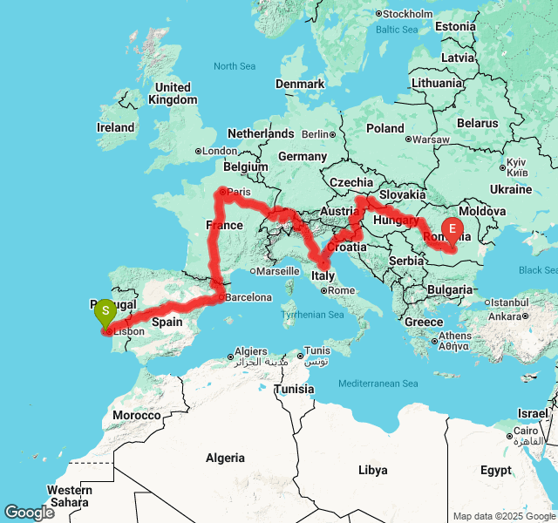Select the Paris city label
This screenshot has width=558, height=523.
(237, 192)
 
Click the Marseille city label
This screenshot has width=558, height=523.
(276, 271)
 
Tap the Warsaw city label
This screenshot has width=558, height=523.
(431, 139)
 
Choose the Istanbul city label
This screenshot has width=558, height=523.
(486, 302)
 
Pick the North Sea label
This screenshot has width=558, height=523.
(235, 66)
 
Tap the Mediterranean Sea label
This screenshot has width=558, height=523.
(378, 384)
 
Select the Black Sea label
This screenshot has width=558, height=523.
(537, 270)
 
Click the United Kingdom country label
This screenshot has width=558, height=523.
(173, 93)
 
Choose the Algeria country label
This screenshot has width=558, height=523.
(224, 458)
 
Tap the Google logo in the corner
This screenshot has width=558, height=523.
(29, 513)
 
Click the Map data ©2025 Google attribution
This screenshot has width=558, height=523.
(504, 516)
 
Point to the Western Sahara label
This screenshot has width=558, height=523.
(69, 496)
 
